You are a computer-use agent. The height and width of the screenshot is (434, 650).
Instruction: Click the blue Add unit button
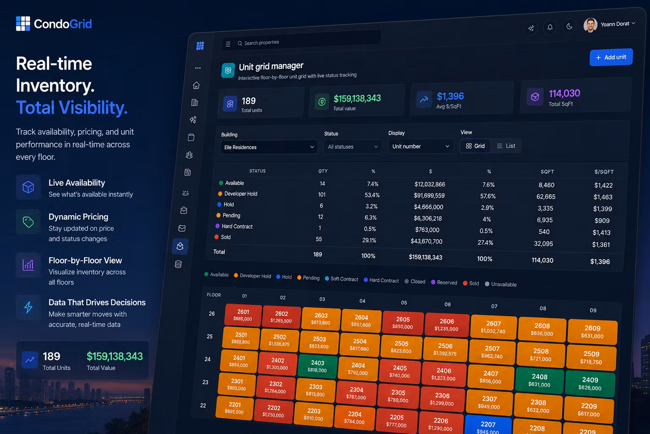point(611,57)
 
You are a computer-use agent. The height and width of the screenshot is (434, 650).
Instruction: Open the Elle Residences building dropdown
point(269,147)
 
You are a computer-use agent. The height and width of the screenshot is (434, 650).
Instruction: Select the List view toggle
point(506,146)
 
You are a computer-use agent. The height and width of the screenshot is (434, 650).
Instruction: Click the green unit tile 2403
point(317,366)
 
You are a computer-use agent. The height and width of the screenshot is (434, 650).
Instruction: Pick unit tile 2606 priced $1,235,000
point(446,325)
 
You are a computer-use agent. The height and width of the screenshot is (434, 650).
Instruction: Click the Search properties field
point(308,42)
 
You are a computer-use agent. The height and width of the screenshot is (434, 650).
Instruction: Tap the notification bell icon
point(550,27)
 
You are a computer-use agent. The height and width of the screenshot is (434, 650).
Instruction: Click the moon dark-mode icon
point(569,26)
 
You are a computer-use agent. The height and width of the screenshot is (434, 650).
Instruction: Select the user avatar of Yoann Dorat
point(590,25)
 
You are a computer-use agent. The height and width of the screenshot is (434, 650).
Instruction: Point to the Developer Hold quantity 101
point(322,195)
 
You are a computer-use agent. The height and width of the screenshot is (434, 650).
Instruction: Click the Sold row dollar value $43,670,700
point(427,241)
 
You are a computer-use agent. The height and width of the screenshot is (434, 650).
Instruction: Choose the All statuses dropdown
point(353,147)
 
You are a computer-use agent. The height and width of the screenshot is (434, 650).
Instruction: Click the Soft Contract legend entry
point(342,279)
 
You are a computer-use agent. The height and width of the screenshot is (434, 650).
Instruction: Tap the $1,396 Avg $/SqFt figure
point(450,96)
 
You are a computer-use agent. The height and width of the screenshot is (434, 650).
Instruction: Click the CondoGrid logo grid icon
point(23,24)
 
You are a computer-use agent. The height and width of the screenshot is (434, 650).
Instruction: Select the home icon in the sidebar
point(196,85)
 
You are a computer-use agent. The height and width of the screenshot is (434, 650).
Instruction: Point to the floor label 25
point(209,337)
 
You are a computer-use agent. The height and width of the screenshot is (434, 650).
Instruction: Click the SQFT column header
point(547,172)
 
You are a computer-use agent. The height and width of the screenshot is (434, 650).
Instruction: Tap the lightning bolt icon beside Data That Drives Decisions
point(28,308)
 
